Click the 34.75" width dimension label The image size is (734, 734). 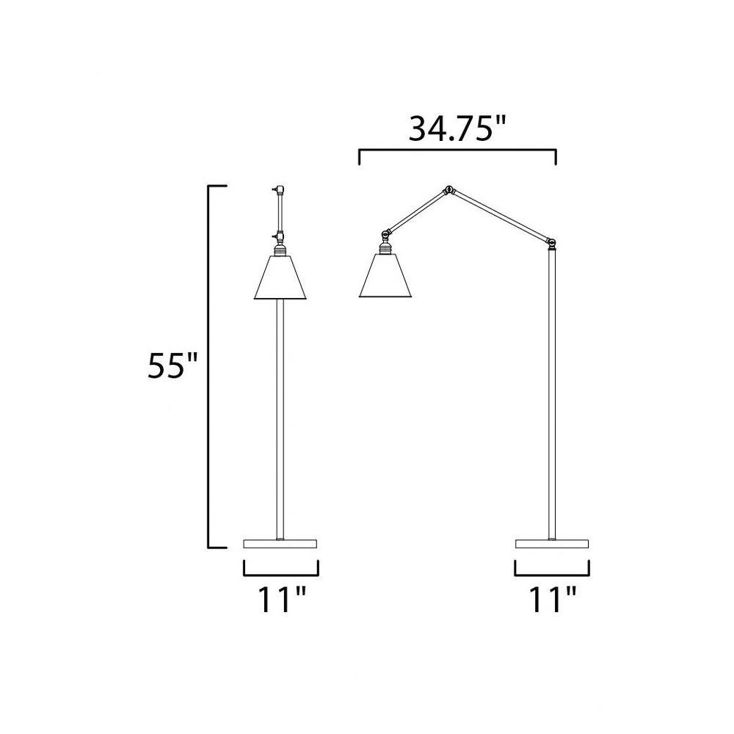(x=458, y=129)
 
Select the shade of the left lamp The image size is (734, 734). (x=280, y=277)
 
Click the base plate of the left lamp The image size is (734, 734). (x=280, y=543)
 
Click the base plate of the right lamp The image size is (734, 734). (x=553, y=543)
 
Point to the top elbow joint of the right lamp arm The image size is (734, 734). (x=448, y=190)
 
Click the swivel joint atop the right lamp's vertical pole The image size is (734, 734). (x=552, y=242)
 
